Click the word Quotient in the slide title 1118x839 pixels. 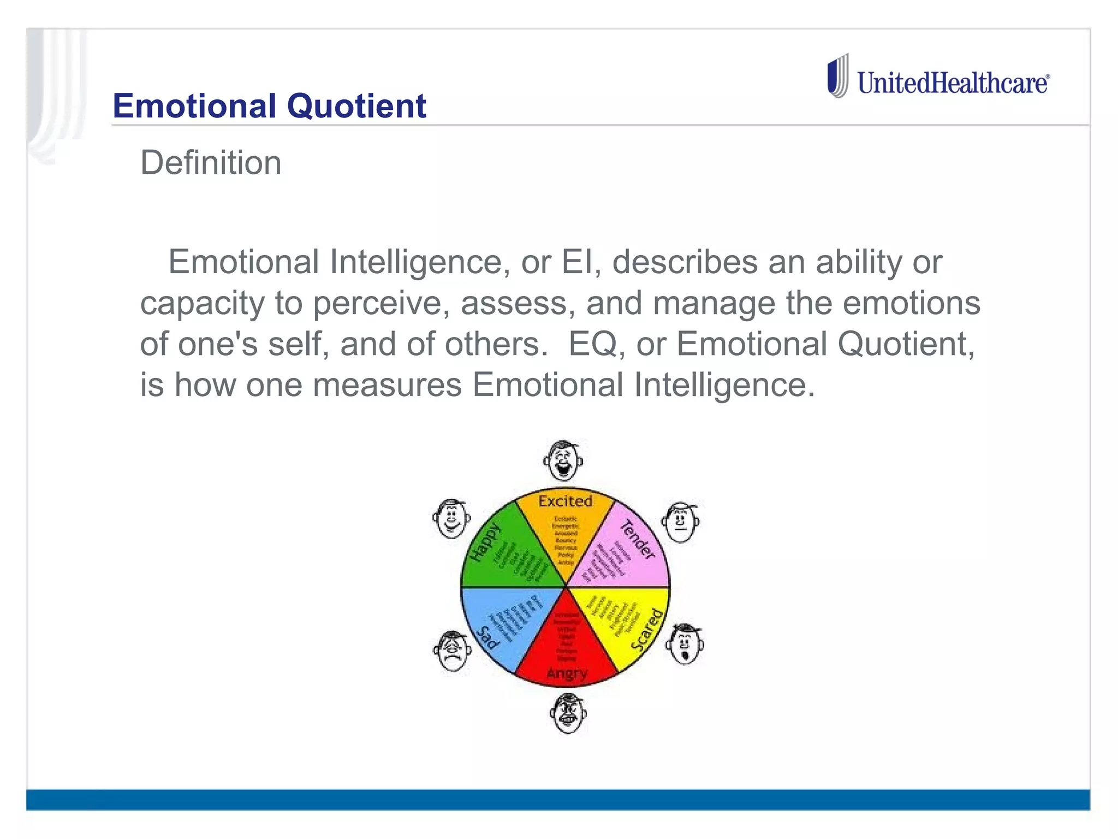[x=356, y=106]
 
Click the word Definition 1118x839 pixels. [x=211, y=163]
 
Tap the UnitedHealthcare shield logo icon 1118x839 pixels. [x=838, y=76]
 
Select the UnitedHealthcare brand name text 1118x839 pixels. [x=953, y=83]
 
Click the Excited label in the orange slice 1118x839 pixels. [x=565, y=501]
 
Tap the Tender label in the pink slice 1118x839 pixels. [x=637, y=539]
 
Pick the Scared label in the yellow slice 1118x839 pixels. [x=648, y=629]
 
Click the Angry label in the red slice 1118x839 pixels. [x=567, y=673]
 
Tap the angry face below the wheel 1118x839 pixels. [x=568, y=713]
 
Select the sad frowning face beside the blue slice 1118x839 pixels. [x=452, y=651]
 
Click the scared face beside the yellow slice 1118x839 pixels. [x=685, y=644]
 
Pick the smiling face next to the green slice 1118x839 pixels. [x=451, y=518]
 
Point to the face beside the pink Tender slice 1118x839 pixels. [x=681, y=522]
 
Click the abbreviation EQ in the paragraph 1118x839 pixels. [x=592, y=344]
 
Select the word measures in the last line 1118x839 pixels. [x=387, y=385]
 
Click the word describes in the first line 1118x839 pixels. [x=685, y=262]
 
